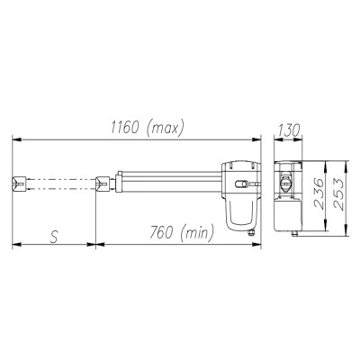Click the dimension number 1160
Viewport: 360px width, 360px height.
coord(125,128)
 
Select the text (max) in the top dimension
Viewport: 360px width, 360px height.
coord(165,129)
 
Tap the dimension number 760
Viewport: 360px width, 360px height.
coord(161,232)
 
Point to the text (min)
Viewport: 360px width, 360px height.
coord(198,232)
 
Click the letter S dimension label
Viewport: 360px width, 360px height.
coord(54,237)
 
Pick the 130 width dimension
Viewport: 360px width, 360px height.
coord(289,130)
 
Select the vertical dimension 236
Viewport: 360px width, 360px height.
coord(319,193)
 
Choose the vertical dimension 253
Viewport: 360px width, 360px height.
coord(338,194)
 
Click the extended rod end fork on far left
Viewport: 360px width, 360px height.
coord(19,184)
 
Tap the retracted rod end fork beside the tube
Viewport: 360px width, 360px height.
coord(103,184)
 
